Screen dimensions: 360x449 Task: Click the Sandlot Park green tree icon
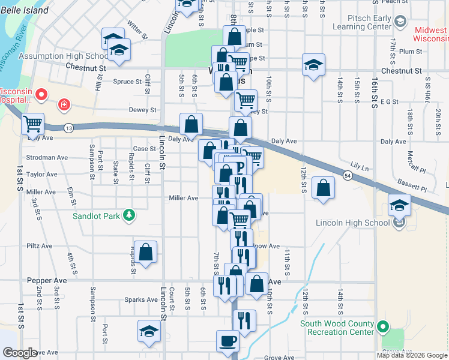(128, 215)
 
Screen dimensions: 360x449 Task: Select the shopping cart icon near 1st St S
(33, 124)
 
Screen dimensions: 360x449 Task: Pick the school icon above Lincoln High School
(399, 205)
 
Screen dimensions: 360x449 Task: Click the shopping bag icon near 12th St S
(323, 187)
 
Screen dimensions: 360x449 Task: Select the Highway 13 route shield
(69, 128)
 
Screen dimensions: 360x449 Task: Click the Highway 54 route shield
(348, 175)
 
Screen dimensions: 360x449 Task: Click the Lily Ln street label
(361, 164)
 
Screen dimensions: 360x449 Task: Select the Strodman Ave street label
(47, 158)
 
